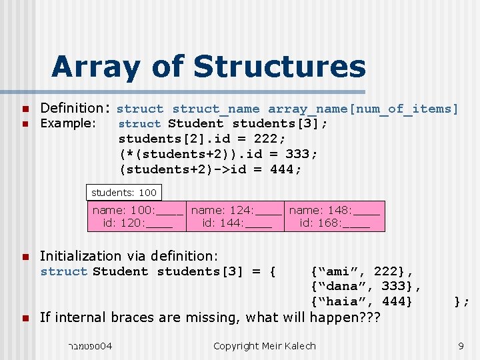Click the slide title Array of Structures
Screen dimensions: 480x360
(x=208, y=67)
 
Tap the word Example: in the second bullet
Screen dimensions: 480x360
(x=69, y=123)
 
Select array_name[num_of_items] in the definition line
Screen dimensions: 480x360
(x=363, y=109)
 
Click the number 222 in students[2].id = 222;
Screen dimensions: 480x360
(x=270, y=139)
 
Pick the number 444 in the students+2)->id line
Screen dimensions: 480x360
(x=286, y=169)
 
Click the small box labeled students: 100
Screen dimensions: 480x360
(x=124, y=193)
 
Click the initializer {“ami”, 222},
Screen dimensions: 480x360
(x=362, y=271)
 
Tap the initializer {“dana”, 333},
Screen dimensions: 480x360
(x=365, y=287)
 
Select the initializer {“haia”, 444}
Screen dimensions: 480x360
(x=362, y=302)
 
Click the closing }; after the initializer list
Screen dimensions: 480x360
(x=461, y=302)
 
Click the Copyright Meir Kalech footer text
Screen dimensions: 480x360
(x=265, y=345)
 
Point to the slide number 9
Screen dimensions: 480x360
(x=461, y=345)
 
